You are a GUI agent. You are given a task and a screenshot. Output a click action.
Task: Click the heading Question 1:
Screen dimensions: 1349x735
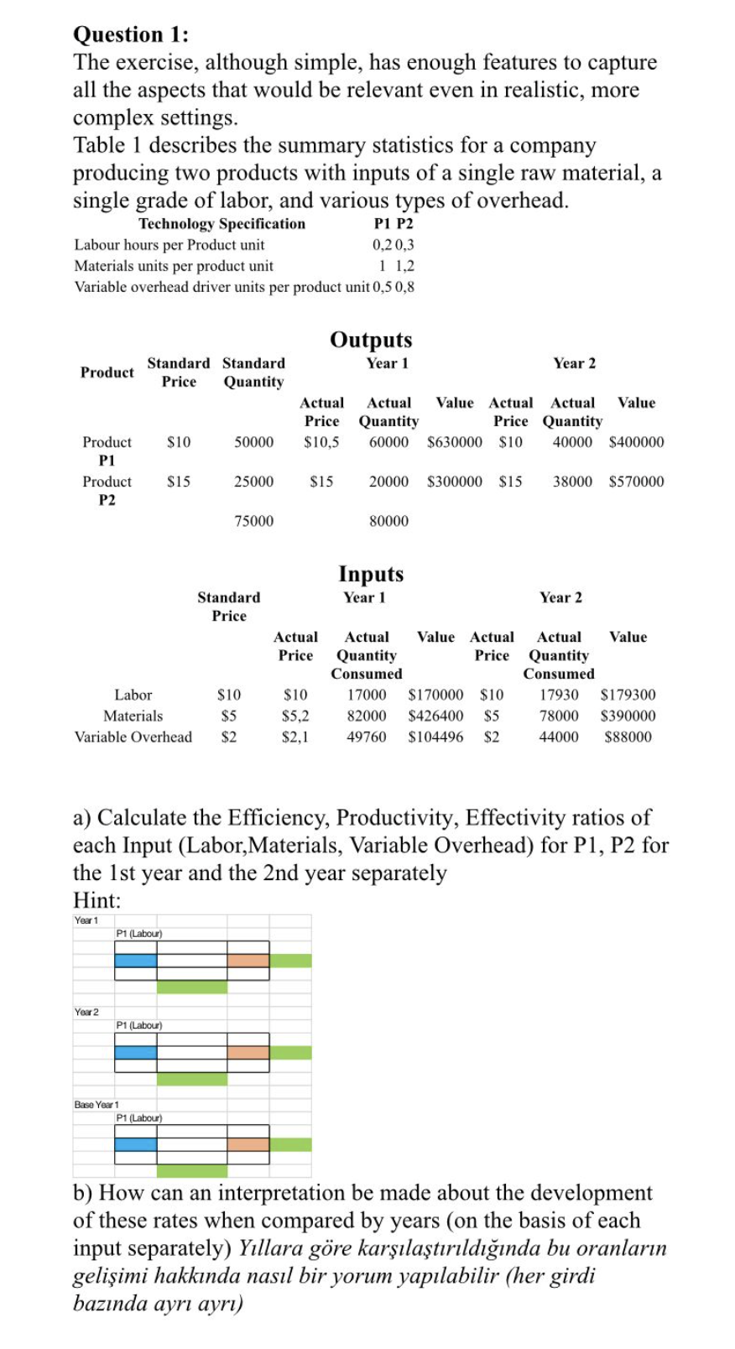point(131,34)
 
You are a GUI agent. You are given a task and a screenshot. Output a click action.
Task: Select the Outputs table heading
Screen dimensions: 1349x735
point(371,340)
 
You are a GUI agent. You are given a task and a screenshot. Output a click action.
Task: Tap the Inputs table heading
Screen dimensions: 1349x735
point(371,574)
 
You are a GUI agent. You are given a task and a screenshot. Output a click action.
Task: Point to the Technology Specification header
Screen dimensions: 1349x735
point(222,224)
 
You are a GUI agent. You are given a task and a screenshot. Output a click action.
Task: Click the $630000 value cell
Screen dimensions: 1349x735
point(455,442)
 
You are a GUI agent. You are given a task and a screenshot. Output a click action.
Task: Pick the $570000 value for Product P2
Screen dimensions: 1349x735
point(636,482)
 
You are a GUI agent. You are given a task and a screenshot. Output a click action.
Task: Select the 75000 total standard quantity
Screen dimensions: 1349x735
point(253,521)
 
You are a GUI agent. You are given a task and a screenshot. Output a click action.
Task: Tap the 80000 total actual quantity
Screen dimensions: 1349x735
point(388,521)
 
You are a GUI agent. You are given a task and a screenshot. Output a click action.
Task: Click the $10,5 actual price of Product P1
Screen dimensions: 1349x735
point(321,442)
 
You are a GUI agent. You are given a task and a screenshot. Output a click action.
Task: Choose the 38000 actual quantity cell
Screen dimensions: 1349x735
point(572,482)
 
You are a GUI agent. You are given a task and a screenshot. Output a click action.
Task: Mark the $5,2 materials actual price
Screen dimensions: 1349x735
point(295,716)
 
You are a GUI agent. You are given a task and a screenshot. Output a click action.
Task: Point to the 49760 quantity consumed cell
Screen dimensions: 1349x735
point(367,737)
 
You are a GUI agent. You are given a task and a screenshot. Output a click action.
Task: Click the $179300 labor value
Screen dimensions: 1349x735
point(628,695)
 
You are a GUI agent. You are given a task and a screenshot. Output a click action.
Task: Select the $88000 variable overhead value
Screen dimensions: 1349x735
point(628,737)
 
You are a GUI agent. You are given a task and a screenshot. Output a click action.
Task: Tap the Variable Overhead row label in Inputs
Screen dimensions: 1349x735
point(133,737)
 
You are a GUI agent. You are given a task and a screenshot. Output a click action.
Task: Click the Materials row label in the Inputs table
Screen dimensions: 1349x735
point(133,716)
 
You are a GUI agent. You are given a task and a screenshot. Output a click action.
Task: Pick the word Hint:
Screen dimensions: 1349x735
point(97,901)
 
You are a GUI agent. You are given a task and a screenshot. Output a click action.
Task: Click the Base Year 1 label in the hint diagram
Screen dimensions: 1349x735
point(96,1105)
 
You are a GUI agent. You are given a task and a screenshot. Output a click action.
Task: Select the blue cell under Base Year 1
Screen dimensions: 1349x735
point(136,1144)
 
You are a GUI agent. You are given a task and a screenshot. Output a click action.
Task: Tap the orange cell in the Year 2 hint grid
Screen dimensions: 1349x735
point(248,1052)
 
